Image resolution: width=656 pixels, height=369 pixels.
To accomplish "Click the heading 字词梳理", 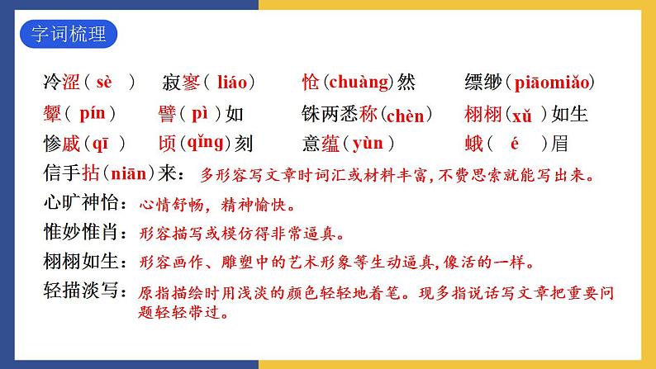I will click(x=67, y=37).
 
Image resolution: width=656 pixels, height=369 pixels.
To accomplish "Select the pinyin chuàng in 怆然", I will click(x=358, y=83).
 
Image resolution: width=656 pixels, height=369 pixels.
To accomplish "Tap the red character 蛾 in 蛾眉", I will click(x=474, y=144).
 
